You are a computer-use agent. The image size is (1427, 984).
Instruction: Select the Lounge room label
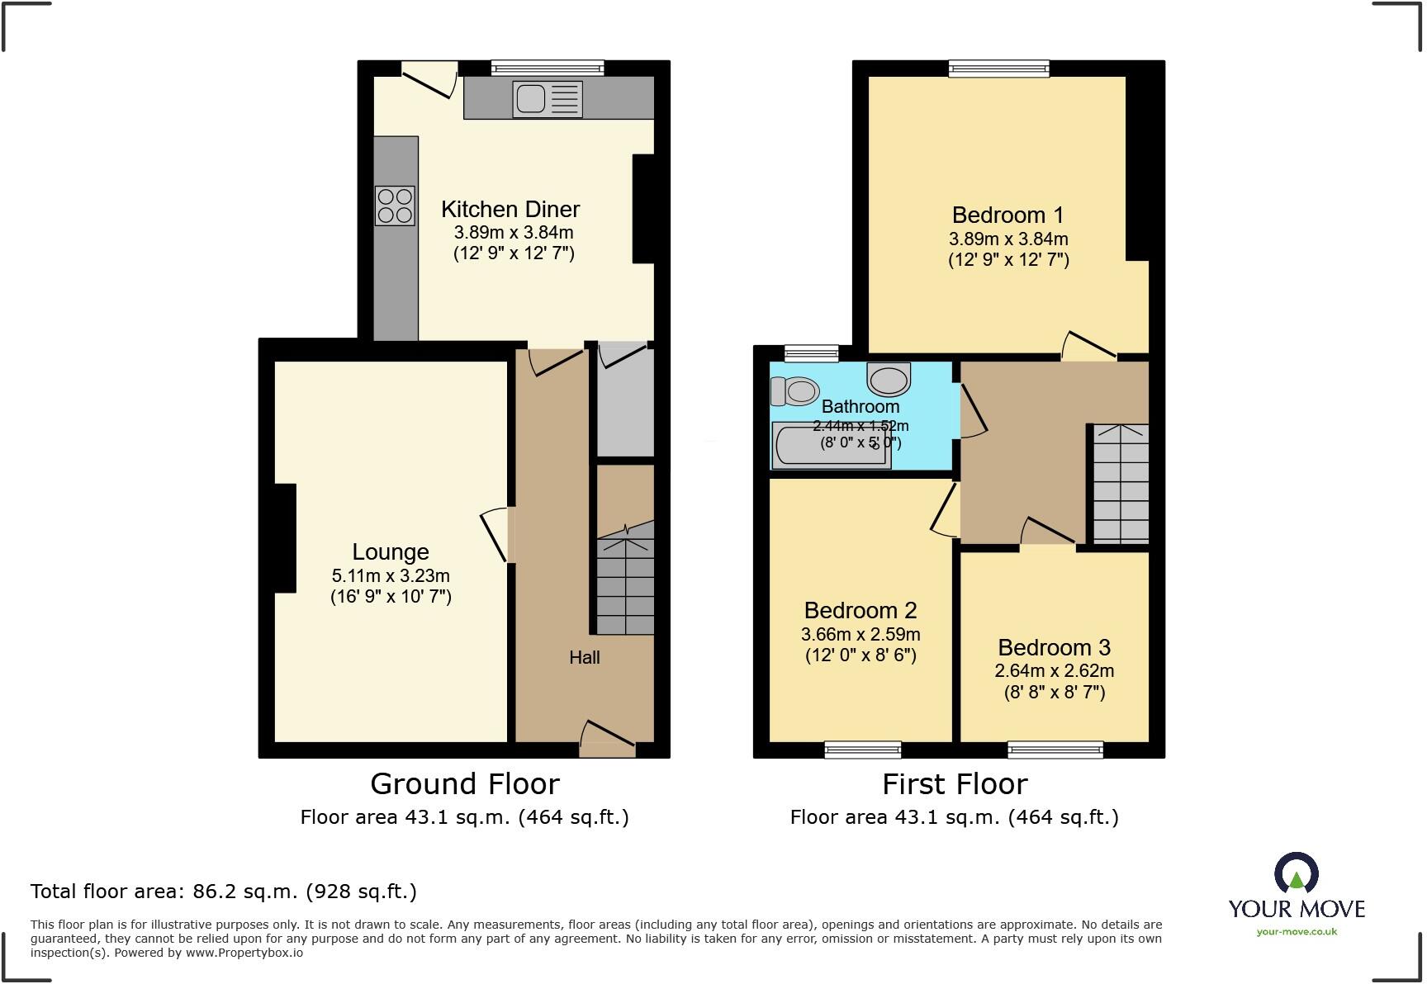click(391, 551)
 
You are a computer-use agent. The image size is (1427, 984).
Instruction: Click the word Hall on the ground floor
click(584, 658)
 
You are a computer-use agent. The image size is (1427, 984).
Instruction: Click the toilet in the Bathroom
click(794, 390)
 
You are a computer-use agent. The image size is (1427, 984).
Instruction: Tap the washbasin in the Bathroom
click(889, 380)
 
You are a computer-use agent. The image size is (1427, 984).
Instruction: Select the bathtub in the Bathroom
click(831, 446)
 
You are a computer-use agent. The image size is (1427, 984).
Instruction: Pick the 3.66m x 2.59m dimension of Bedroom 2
click(860, 635)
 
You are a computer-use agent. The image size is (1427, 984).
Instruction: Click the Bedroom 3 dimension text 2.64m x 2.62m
click(1054, 671)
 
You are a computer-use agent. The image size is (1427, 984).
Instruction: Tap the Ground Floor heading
click(464, 783)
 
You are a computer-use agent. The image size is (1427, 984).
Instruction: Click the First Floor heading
click(955, 783)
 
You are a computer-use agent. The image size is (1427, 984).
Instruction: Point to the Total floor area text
click(223, 892)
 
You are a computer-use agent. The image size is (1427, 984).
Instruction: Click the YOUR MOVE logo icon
click(1297, 873)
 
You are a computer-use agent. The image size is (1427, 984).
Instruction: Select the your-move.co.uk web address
click(1297, 932)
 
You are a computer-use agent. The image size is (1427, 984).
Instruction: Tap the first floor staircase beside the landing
click(1121, 483)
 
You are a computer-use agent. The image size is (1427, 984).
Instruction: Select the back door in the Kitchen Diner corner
click(429, 79)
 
